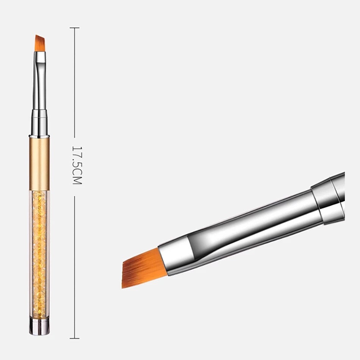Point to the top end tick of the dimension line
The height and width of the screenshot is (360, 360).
(x=75, y=28)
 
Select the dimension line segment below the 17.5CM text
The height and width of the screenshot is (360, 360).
(x=75, y=265)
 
